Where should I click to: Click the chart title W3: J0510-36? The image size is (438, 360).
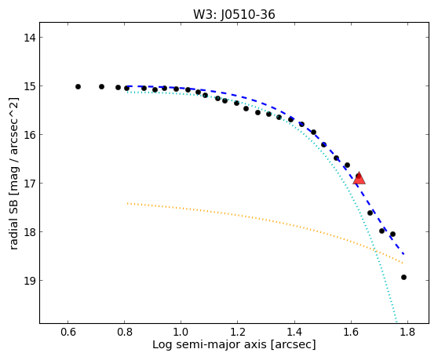tap(234, 15)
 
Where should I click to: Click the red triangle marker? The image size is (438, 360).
tap(359, 179)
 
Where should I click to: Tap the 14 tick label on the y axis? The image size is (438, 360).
tap(30, 38)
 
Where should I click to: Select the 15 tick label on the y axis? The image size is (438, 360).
tap(30, 86)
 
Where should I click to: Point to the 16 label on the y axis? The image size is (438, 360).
tap(30, 135)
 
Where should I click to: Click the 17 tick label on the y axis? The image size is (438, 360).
tap(30, 184)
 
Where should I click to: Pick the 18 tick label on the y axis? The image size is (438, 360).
tap(30, 232)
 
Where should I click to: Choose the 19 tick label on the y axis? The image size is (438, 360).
tap(30, 281)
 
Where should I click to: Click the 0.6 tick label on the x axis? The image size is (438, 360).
tap(68, 333)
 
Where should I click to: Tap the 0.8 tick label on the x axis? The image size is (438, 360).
tap(125, 333)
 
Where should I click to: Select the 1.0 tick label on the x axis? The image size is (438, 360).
tap(181, 333)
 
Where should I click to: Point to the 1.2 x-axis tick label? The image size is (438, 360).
tap(238, 333)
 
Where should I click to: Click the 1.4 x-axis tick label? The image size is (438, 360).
tap(294, 333)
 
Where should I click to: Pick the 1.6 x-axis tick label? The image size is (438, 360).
tap(351, 333)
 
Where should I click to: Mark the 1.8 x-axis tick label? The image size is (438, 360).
tap(407, 333)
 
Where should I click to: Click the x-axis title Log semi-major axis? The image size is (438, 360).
tap(210, 344)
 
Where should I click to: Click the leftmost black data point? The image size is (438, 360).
tap(78, 87)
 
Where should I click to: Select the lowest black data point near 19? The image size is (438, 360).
tap(403, 277)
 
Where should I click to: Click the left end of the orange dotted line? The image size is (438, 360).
tap(127, 203)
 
